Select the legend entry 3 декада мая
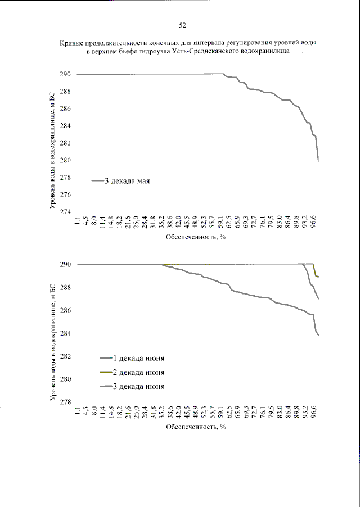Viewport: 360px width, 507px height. pyautogui.click(x=127, y=181)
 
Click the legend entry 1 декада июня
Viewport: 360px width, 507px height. pyautogui.click(x=138, y=358)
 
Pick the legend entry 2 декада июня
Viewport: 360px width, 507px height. pyautogui.click(x=138, y=372)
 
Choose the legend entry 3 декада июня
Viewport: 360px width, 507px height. pyautogui.click(x=138, y=386)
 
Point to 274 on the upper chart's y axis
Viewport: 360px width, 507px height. pyautogui.click(x=65, y=212)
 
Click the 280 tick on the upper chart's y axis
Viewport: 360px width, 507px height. pyautogui.click(x=65, y=160)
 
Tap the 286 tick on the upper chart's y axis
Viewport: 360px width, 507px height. pyautogui.click(x=65, y=108)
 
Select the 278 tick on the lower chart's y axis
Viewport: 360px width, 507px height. pyautogui.click(x=65, y=402)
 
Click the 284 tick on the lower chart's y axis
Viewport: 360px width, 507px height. pyautogui.click(x=65, y=333)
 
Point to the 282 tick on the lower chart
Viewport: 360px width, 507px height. pyautogui.click(x=65, y=356)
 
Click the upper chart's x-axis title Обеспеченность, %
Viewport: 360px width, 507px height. pyautogui.click(x=196, y=237)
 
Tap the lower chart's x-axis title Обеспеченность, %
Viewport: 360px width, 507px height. pyautogui.click(x=196, y=427)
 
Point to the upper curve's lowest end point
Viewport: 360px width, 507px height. pyautogui.click(x=318, y=161)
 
